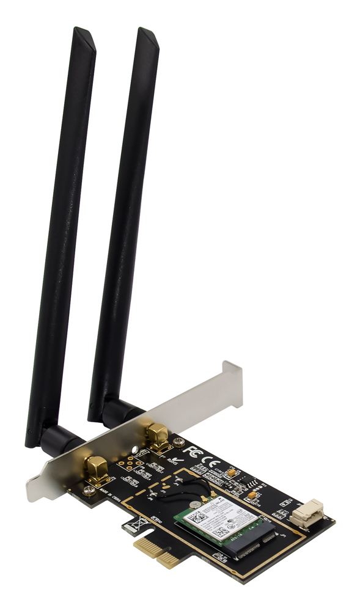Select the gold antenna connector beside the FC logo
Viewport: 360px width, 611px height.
click(157, 439)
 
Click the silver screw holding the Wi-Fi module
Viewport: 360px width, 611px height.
click(194, 505)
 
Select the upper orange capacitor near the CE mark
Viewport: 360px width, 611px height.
click(231, 472)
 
